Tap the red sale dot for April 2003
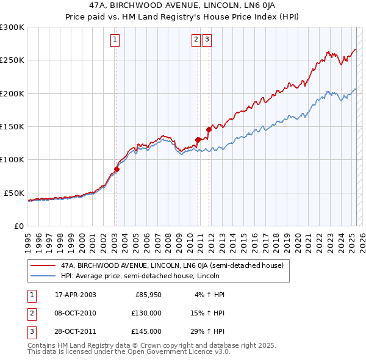pyautogui.click(x=117, y=169)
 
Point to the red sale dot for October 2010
pyautogui.click(x=198, y=140)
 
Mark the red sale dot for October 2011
pyautogui.click(x=209, y=129)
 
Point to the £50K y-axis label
pyautogui.click(x=14, y=193)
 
